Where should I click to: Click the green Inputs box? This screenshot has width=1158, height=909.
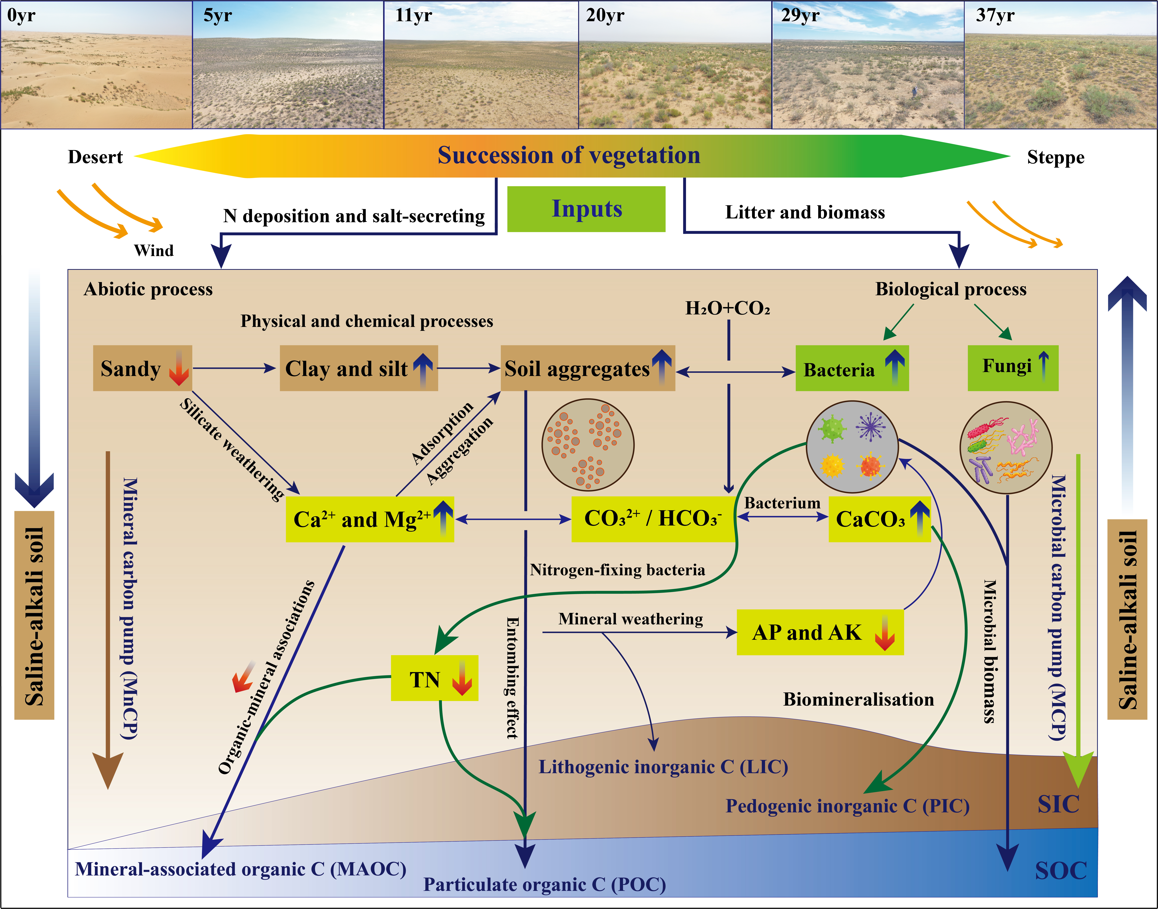[x=586, y=209]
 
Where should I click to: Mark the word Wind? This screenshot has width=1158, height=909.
[x=154, y=250]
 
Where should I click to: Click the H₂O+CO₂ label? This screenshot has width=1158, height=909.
[x=727, y=308]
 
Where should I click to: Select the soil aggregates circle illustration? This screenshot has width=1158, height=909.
[x=587, y=444]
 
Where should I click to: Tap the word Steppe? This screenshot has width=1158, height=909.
[x=1055, y=158]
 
